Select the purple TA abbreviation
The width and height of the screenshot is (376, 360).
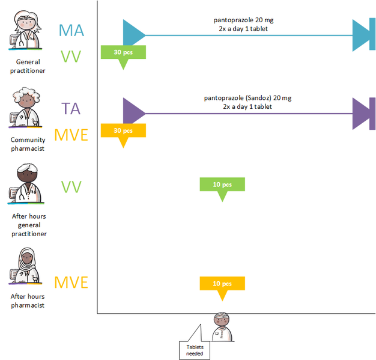pos(71,109)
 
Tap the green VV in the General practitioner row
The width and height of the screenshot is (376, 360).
pos(71,57)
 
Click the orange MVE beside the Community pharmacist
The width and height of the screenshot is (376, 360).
pos(71,135)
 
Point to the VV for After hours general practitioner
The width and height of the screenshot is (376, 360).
pos(71,187)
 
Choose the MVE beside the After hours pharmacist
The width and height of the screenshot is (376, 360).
pos(71,282)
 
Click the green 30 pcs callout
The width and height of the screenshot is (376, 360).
pos(123,52)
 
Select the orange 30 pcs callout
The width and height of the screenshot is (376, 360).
pos(123,130)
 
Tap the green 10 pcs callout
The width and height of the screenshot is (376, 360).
pos(222,185)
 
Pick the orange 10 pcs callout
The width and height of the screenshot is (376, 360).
pos(222,284)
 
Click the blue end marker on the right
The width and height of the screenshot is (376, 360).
pos(364,35)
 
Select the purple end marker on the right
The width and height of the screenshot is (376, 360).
pos(364,113)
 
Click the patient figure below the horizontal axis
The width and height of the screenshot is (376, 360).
pos(223,328)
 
